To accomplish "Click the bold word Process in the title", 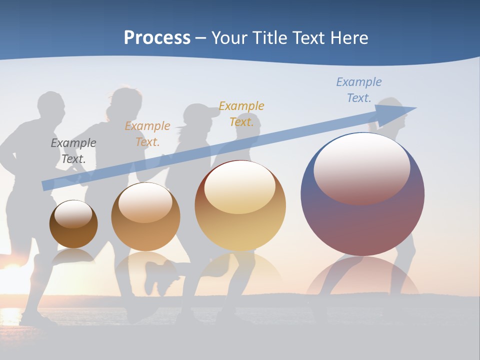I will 157,37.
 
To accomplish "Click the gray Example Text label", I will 73,151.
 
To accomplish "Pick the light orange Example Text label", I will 147,133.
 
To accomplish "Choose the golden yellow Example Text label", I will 241,113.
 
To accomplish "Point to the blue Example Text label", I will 359,89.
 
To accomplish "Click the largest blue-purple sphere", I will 362,220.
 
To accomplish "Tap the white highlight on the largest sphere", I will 362,167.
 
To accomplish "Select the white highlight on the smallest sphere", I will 73,214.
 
